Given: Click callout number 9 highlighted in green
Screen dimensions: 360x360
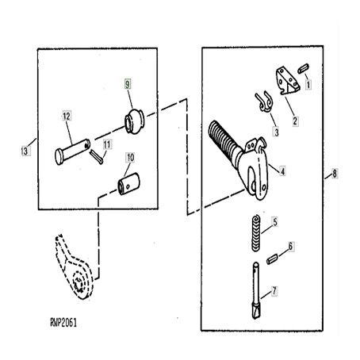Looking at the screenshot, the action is tap(128, 84).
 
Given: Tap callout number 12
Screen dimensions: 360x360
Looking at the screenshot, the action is tap(67, 116).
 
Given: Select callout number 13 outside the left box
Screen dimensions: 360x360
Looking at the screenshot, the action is tap(25, 151).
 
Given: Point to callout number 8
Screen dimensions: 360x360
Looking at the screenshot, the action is tap(335, 174).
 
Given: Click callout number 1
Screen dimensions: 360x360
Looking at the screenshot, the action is tap(308, 85).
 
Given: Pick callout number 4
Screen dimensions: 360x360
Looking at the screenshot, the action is tap(283, 171).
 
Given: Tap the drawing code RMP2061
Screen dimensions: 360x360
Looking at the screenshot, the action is tap(63, 323).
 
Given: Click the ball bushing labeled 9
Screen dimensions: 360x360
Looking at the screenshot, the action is tap(135, 121).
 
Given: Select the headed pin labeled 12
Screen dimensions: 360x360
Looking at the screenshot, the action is tap(72, 151).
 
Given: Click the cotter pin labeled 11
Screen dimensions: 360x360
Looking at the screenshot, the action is tap(96, 156).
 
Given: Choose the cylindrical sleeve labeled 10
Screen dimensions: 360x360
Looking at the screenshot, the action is tap(128, 184).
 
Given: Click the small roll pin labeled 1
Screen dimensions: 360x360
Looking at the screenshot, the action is tap(303, 67).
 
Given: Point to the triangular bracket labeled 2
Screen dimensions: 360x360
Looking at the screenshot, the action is tap(288, 81).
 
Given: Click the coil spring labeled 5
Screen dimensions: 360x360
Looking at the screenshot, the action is tap(255, 233).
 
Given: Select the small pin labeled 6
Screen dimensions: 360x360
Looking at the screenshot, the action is tap(272, 259).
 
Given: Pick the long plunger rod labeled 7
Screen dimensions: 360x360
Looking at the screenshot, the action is tap(256, 290).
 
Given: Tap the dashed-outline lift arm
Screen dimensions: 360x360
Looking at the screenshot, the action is tap(74, 267).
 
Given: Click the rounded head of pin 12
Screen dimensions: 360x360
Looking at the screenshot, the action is tap(59, 157).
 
